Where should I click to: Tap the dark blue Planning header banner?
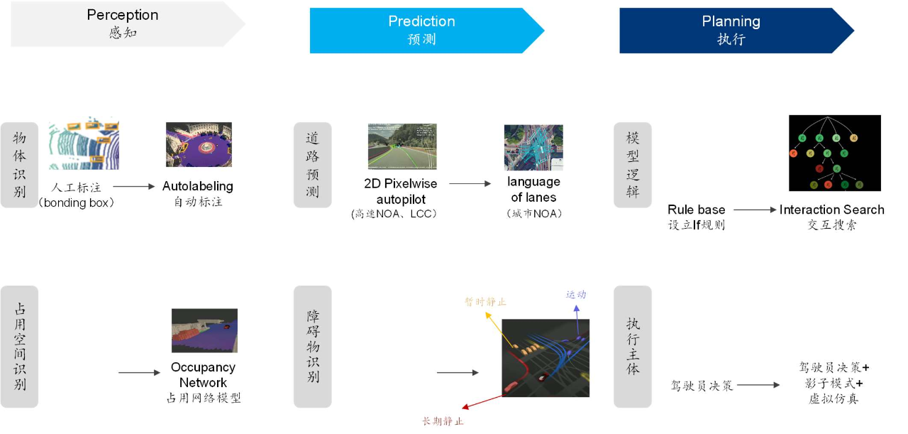click(731, 30)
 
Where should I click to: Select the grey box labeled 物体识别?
click(19, 165)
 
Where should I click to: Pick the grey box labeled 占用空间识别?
click(19, 346)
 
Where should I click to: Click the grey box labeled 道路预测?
click(312, 165)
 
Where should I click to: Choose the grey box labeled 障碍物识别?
click(312, 346)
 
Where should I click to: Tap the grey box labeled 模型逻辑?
click(632, 165)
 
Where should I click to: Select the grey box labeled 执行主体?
click(632, 346)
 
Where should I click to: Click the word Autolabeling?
click(197, 186)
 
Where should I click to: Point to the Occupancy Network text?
click(203, 374)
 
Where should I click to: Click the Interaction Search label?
click(831, 210)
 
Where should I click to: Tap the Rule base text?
click(696, 210)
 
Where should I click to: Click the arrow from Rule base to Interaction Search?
click(755, 210)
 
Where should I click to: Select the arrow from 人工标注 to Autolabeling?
click(133, 187)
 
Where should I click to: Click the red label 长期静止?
click(443, 421)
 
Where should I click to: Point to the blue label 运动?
click(576, 294)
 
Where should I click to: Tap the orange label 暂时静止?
click(485, 302)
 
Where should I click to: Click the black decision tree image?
click(834, 153)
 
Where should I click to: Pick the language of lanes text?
click(533, 190)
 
